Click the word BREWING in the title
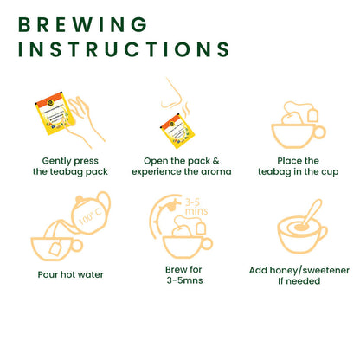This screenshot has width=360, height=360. (x=83, y=24)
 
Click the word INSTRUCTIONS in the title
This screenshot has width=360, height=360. (x=124, y=49)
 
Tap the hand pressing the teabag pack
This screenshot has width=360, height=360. (x=85, y=121)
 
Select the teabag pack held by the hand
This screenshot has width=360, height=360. (x=53, y=113)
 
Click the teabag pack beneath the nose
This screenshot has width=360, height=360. (x=177, y=131)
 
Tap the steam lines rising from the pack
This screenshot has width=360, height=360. (x=186, y=109)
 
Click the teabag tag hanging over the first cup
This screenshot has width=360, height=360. (x=313, y=115)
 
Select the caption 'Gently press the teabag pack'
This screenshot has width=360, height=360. (x=70, y=166)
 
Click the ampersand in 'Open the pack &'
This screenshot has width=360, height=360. (x=215, y=161)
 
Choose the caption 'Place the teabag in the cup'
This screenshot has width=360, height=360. (x=299, y=166)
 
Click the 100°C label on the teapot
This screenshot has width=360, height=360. (x=90, y=216)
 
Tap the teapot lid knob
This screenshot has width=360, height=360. (x=79, y=200)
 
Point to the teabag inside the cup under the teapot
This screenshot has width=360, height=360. (x=55, y=248)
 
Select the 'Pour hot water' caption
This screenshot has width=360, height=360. (x=70, y=274)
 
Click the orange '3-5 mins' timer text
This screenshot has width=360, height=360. (x=196, y=207)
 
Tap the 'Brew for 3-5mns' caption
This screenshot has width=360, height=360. (x=184, y=275)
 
